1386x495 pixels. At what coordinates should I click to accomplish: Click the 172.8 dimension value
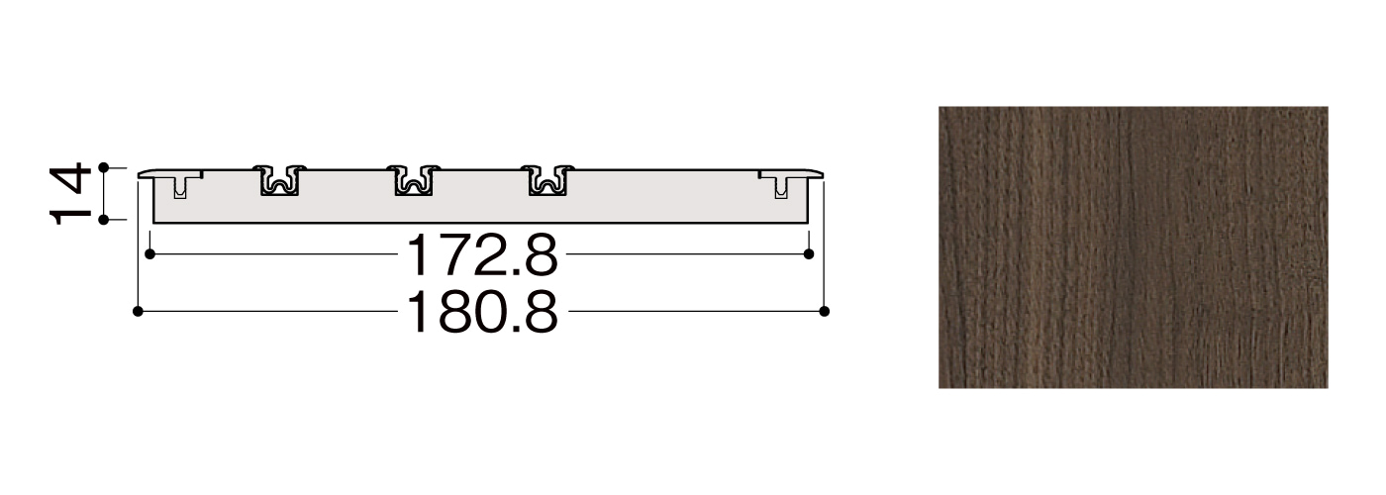(482, 254)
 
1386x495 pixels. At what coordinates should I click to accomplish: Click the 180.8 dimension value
(482, 312)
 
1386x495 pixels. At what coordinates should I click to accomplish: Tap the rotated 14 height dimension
(69, 193)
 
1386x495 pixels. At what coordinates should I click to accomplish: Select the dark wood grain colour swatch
(1133, 247)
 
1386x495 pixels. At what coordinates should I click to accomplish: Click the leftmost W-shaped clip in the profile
(279, 180)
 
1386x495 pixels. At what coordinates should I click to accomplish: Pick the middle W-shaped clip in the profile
(414, 180)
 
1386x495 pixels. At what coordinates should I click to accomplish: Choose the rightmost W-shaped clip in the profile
(547, 180)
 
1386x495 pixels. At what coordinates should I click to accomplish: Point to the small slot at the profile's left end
(179, 187)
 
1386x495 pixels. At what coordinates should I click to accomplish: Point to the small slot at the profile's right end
(781, 187)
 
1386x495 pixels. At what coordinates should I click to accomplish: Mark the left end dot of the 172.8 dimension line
(149, 254)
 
